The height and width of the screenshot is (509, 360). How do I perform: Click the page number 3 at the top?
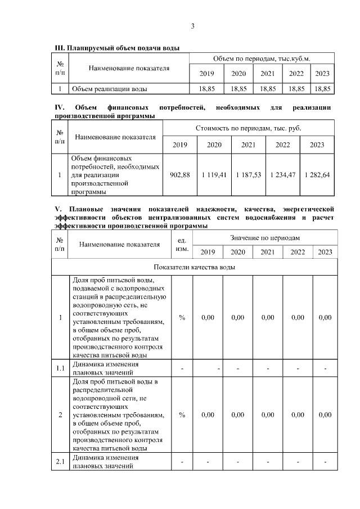tap(192, 26)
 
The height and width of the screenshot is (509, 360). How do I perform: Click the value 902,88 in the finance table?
tap(179, 175)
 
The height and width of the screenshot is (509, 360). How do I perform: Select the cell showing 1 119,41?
tap(215, 175)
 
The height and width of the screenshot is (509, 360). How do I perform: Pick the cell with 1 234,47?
tap(282, 175)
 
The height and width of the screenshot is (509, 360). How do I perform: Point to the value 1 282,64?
tap(317, 175)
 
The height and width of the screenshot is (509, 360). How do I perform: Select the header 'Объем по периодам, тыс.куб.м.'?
tap(262, 59)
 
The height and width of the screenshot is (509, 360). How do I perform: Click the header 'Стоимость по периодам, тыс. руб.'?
tap(248, 128)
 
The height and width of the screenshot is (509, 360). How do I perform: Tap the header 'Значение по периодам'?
tap(264, 238)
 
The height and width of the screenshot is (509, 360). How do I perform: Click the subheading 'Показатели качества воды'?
tap(194, 267)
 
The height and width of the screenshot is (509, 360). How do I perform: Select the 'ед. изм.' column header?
tap(182, 244)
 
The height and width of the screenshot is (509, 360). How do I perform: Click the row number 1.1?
tap(60, 368)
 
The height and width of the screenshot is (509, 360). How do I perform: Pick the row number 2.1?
tap(60, 462)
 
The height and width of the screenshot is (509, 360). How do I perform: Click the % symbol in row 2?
tap(182, 415)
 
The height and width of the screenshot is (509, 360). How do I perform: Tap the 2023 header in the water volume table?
tap(322, 74)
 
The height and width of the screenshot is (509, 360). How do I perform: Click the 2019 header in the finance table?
tap(179, 145)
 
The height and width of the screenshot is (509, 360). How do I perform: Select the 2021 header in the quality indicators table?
tap(267, 251)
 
